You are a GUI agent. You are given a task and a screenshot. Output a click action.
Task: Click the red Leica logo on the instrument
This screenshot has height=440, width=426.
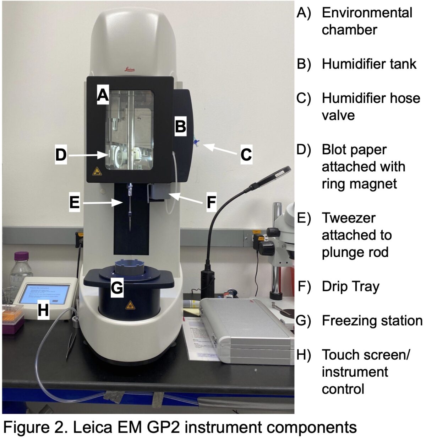click(129, 69)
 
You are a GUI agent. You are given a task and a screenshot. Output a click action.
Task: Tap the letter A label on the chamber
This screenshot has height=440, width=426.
click(103, 95)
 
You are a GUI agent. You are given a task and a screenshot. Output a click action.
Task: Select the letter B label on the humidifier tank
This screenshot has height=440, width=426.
click(181, 126)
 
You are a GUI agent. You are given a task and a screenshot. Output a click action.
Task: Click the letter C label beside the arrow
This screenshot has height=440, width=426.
click(246, 155)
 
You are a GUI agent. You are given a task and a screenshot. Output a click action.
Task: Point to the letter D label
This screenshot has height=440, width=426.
click(61, 155)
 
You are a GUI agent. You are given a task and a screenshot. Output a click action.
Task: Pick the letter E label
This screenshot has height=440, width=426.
click(74, 202)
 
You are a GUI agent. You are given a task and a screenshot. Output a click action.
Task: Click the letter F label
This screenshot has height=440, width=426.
click(211, 202)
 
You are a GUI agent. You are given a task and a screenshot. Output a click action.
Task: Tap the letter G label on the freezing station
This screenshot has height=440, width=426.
click(117, 288)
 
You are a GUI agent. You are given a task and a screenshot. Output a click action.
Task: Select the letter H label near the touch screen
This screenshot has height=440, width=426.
click(43, 310)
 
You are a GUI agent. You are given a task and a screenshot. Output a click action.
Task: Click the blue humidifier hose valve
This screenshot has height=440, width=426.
click(196, 143)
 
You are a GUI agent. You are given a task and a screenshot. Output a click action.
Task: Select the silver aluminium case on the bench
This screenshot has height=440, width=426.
click(245, 331)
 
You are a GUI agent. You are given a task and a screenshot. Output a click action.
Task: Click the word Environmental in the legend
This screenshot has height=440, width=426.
click(367, 13)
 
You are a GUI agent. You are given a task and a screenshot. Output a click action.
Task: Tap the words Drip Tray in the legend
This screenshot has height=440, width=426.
click(350, 286)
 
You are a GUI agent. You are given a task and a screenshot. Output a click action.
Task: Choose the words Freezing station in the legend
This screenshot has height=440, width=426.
click(372, 320)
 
